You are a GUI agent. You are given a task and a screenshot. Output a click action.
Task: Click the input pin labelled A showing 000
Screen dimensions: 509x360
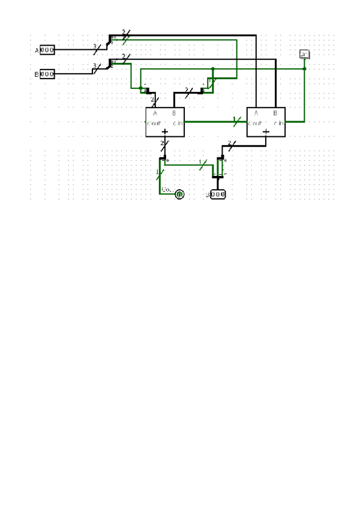pos(47,50)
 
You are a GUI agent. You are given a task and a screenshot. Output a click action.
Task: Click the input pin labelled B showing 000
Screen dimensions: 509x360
pos(47,74)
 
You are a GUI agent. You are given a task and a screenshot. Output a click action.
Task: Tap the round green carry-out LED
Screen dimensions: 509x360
pos(179,193)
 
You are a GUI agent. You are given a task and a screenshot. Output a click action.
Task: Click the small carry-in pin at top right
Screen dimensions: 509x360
pos(304,55)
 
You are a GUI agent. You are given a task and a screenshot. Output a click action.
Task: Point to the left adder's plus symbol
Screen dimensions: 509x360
pos(164,131)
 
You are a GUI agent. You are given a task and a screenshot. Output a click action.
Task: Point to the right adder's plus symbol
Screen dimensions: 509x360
pos(266,131)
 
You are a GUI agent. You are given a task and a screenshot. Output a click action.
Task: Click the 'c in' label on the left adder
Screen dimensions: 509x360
pos(178,122)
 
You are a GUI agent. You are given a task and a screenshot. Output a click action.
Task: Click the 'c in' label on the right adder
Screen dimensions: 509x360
pos(280,122)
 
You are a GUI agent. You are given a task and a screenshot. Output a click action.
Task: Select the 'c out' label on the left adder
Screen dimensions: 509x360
pos(154,122)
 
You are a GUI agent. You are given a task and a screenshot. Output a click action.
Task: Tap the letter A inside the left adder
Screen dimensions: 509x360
pos(155,113)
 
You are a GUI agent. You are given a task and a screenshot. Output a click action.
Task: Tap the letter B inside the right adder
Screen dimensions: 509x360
pos(275,113)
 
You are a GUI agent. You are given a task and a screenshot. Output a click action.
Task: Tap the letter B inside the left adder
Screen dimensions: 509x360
pos(174,113)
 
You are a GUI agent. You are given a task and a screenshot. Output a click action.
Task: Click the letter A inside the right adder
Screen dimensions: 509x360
pos(256,113)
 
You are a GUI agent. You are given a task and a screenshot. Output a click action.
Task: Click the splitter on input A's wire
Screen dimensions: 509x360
pos(110,41)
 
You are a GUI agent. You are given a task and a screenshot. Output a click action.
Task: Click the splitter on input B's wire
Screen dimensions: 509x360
pos(110,64)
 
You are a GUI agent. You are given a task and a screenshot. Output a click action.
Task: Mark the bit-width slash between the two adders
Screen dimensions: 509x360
pos(235,122)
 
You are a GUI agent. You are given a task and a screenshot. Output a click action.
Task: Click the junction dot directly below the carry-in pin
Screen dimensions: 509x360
pos(304,68)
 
